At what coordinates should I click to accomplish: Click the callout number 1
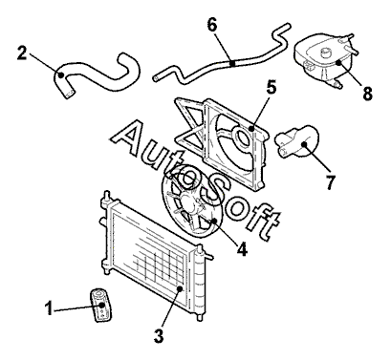pos(49,308)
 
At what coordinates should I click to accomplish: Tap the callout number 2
pos(22,53)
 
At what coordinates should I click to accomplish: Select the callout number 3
pos(159,335)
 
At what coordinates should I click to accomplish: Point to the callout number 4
pos(242,248)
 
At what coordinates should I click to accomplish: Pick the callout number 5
pos(272,88)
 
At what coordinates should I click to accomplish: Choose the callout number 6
pos(212,25)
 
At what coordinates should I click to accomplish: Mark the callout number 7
pos(331,182)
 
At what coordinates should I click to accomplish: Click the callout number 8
pos(367,94)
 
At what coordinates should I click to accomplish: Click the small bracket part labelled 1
pos(100,306)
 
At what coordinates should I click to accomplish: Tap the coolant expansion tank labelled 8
pos(325,60)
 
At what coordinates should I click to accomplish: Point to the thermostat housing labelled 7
pos(297,141)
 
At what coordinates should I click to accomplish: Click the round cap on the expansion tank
pos(326,53)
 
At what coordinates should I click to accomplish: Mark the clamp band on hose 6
pos(233,64)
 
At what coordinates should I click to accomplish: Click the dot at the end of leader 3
pos(180,288)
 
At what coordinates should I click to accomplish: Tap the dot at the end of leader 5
pos(251,129)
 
